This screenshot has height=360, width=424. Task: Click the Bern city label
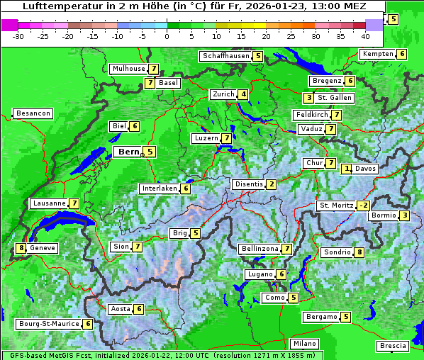[128, 152]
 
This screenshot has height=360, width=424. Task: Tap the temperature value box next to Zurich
[243, 94]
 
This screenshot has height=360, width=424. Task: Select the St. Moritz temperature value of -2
[363, 206]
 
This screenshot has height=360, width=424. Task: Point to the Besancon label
[33, 113]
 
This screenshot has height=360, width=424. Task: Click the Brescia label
[393, 346]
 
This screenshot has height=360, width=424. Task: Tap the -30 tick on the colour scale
[18, 35]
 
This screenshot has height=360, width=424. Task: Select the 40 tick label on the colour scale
[365, 35]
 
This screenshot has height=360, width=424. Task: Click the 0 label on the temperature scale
[167, 35]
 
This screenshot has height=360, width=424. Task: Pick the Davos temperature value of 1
[347, 169]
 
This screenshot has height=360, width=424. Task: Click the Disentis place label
[249, 184]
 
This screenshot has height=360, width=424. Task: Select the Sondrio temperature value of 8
[359, 252]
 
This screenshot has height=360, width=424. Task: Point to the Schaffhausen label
[225, 55]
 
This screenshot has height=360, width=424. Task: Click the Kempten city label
[377, 54]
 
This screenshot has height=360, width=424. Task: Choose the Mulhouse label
[128, 69]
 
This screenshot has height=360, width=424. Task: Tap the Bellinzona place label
[259, 249]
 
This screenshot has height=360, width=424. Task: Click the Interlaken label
[159, 189]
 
